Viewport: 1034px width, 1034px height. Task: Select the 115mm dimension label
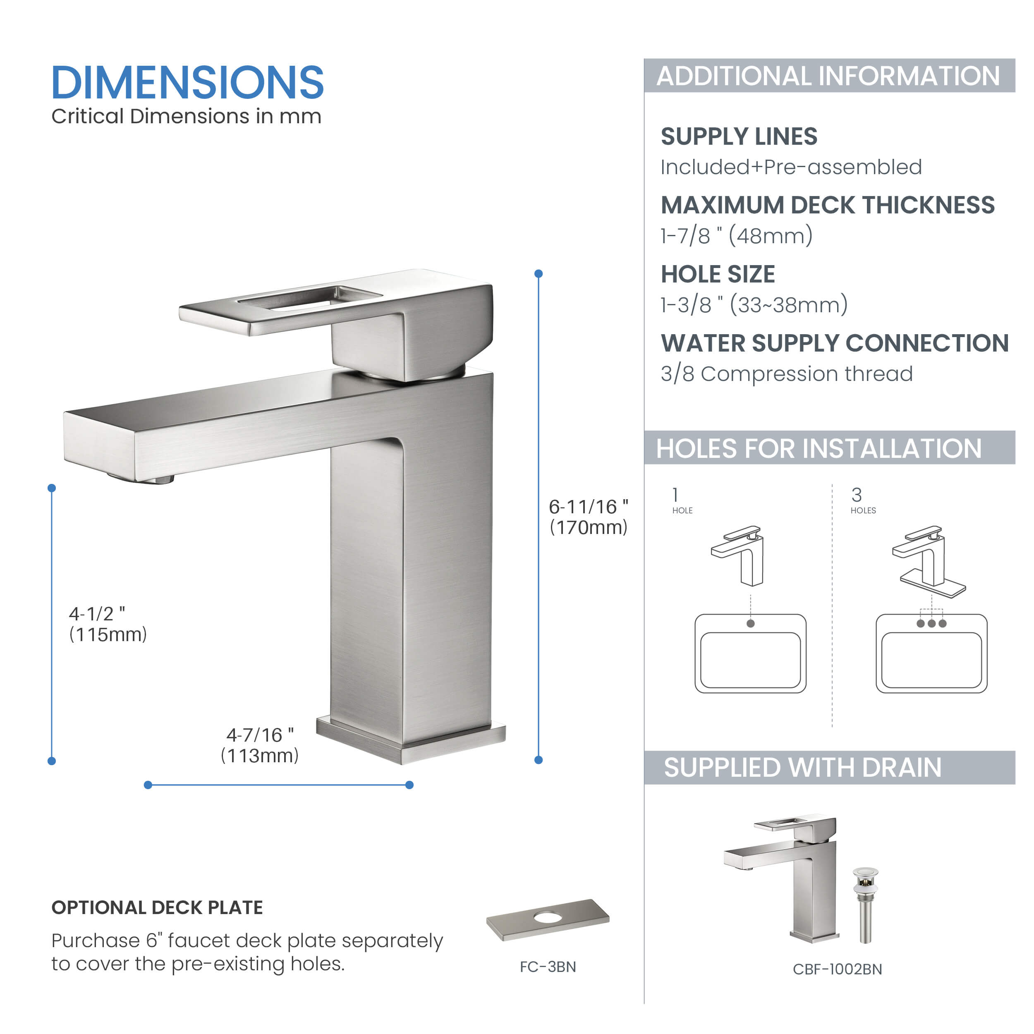(x=108, y=624)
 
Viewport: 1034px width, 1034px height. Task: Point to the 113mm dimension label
(x=260, y=745)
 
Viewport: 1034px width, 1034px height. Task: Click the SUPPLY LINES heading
(x=739, y=136)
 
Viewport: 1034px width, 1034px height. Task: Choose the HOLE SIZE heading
(x=718, y=274)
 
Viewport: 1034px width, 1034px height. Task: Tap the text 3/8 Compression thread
(x=786, y=373)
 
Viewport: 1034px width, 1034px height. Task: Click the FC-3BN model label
(x=548, y=967)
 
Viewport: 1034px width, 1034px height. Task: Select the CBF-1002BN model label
(x=837, y=969)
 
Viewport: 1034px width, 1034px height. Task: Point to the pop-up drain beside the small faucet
(x=865, y=905)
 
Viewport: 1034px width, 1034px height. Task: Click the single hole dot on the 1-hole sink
(x=750, y=624)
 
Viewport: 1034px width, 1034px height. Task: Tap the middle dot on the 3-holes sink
(x=932, y=624)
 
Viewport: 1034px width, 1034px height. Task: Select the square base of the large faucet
(x=411, y=741)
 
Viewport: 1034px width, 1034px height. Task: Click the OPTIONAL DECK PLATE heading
(x=157, y=908)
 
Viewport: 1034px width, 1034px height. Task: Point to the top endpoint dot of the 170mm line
(x=539, y=273)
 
